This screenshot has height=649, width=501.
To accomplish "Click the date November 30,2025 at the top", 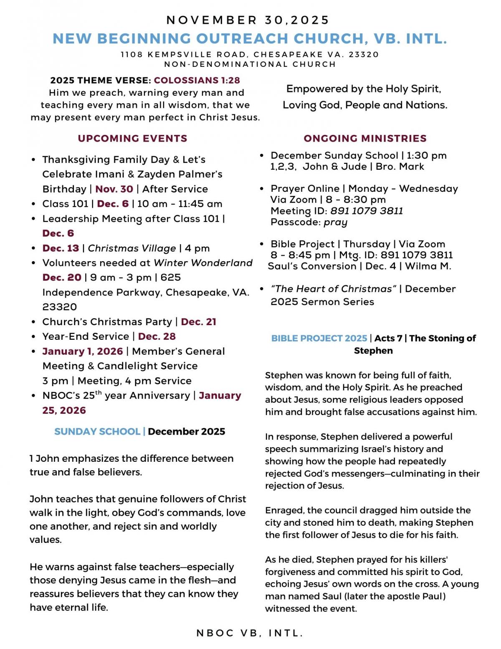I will [x=248, y=20].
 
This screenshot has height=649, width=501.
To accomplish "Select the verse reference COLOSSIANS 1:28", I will [x=197, y=80].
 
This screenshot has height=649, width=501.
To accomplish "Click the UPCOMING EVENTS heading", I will [x=132, y=138].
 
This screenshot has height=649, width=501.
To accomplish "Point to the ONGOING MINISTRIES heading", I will [x=365, y=138].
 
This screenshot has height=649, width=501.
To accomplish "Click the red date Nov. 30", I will [x=114, y=189].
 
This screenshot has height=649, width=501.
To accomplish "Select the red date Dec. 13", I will [x=61, y=248].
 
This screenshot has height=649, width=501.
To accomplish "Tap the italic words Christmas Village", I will [x=132, y=248].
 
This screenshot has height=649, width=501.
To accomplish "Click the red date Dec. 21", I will [x=199, y=322].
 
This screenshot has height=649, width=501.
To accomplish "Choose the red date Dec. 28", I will [x=157, y=336].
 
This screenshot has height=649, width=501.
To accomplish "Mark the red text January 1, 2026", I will [x=83, y=351].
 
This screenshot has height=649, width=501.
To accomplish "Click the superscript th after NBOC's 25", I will [x=98, y=392].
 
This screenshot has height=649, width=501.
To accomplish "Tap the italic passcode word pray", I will [x=335, y=222].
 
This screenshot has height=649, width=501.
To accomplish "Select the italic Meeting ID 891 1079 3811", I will [x=366, y=211].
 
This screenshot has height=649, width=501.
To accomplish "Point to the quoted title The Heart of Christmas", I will [x=333, y=289].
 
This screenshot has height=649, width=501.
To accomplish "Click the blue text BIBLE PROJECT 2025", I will [x=319, y=338].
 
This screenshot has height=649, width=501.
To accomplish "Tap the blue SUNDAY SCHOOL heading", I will [x=97, y=432].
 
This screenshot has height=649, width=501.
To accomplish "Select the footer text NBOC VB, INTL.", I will [x=250, y=634].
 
